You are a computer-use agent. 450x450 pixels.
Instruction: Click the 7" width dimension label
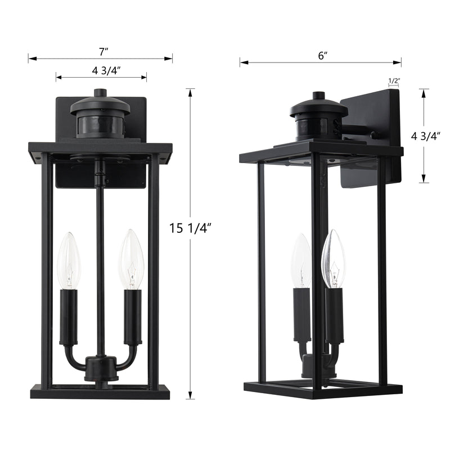103,52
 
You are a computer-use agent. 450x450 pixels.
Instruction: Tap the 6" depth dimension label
323,55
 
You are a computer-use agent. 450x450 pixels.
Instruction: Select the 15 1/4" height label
190,228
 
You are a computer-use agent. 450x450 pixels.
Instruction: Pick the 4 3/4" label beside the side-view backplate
426,136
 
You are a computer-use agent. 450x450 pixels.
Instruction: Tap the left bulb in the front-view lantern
69,260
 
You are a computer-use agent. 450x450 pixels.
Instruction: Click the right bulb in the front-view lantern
132,259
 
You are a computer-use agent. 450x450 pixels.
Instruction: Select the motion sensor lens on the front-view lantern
100,126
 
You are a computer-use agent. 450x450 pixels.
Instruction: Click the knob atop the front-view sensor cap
101,92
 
